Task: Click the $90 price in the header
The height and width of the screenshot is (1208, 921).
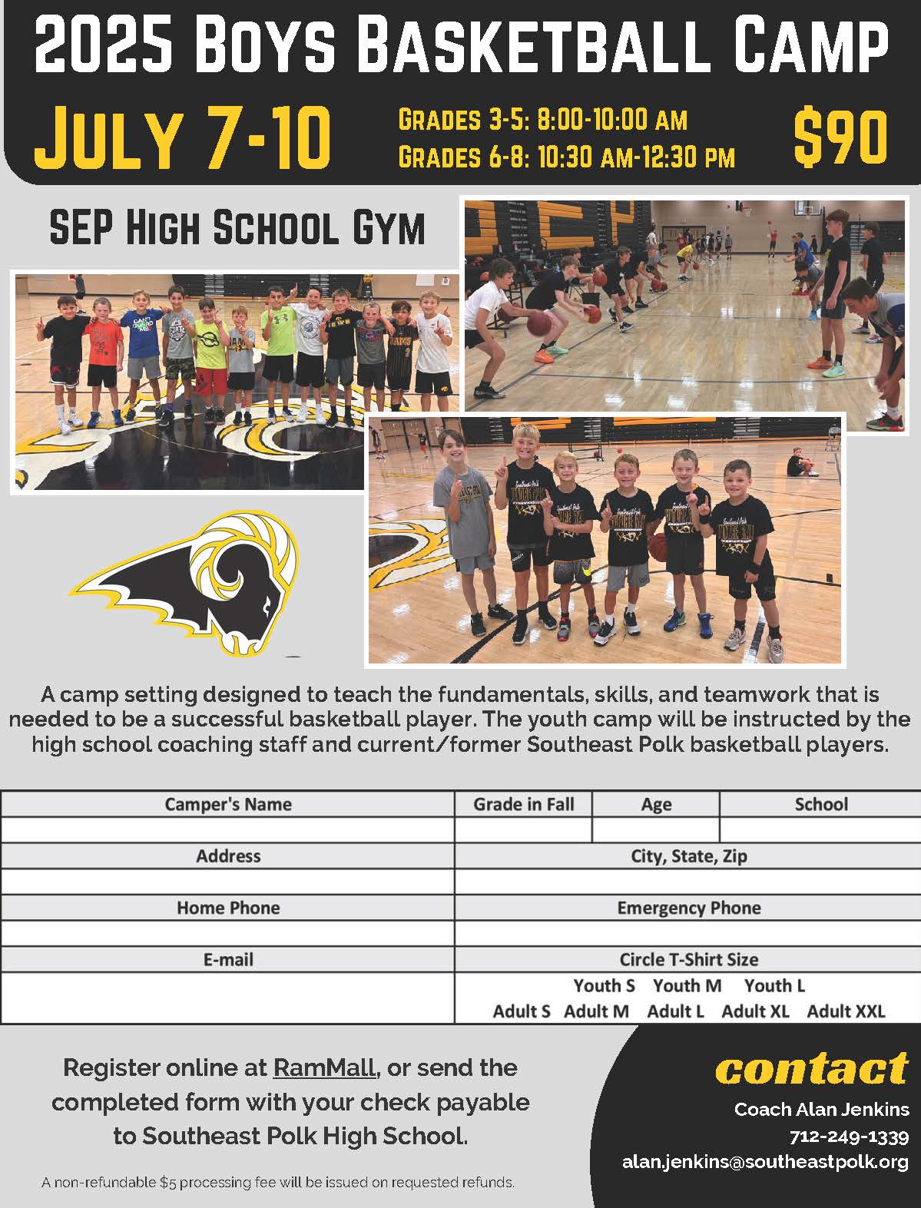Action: pos(840,139)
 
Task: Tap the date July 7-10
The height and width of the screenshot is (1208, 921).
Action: pos(183,139)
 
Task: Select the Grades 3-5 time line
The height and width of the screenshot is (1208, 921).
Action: pos(542,120)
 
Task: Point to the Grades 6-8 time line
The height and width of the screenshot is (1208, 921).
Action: pos(566,157)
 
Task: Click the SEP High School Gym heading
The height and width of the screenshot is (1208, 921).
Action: pos(237,227)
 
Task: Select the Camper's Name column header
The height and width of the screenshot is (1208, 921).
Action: pos(228,804)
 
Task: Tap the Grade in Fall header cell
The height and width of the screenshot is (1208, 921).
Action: pos(523,804)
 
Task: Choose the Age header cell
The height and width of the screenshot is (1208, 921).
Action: pos(656,804)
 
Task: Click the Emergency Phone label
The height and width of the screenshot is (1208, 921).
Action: pos(688,908)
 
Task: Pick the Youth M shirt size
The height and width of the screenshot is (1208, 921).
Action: pos(687,985)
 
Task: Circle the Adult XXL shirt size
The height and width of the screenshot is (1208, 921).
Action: pos(846,1011)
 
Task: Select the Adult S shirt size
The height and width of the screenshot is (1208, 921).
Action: pos(522,1011)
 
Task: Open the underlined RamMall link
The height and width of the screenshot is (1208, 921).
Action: pos(324,1067)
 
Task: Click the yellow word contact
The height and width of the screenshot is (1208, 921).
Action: pos(811,1069)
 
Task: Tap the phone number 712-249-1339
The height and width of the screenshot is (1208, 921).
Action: pos(849,1137)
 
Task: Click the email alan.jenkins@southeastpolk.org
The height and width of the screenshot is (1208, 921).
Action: pos(765,1163)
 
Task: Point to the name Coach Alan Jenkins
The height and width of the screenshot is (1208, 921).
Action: pos(821,1109)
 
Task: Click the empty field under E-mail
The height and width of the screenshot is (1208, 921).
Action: pos(228,998)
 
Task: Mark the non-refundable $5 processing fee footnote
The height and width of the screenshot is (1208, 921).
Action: pos(278,1183)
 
